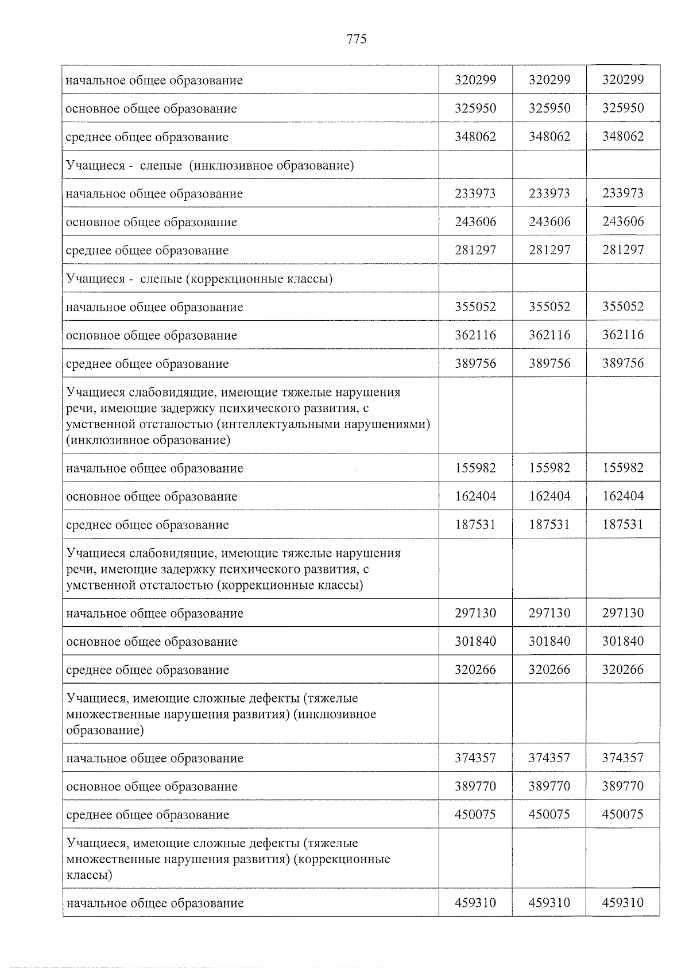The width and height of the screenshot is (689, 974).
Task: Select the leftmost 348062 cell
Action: [x=475, y=137]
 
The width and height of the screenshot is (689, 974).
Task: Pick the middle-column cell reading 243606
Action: [x=549, y=222]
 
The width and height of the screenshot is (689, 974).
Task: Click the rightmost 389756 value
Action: [x=623, y=363]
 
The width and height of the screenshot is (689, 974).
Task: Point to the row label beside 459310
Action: [x=155, y=903]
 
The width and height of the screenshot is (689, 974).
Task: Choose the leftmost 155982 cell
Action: [x=475, y=468]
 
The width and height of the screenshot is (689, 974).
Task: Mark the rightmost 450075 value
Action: [x=623, y=814]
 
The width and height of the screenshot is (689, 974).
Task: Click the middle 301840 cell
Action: [x=549, y=641]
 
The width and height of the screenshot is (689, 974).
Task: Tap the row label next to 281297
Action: [x=148, y=250]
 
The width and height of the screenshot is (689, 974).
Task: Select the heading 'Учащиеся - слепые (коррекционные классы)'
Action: [x=200, y=279]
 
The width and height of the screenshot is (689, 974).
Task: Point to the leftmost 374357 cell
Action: [x=475, y=758]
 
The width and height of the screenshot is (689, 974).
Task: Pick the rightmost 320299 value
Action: [x=623, y=80]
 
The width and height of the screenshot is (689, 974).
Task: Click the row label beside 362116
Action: [x=152, y=335]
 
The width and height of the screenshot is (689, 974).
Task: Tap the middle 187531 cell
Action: [x=549, y=525]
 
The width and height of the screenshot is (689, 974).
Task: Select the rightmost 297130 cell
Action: [x=623, y=613]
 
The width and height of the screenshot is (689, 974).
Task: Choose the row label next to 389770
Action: [x=152, y=786]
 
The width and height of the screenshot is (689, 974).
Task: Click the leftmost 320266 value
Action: [x=475, y=670]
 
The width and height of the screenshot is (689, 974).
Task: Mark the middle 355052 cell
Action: [x=549, y=307]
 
